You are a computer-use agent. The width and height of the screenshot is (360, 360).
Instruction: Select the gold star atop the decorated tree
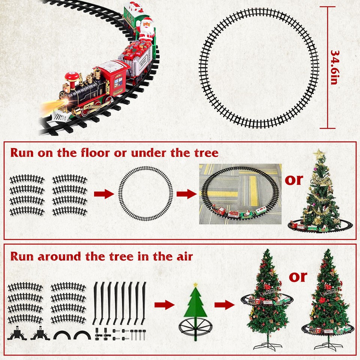[x=319, y=154]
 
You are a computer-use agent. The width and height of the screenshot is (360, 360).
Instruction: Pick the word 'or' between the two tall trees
[x=298, y=277]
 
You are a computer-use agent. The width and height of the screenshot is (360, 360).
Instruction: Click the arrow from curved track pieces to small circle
[x=103, y=194]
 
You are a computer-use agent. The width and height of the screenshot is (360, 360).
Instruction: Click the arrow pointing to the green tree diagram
[x=165, y=304]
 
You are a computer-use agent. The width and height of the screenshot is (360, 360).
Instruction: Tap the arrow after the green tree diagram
[x=224, y=304]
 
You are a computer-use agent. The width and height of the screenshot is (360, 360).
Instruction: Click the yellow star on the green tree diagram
[x=195, y=285]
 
